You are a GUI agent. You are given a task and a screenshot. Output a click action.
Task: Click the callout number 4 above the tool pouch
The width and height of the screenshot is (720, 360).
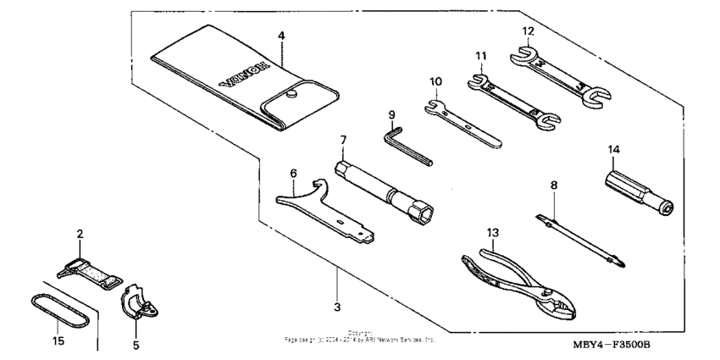point(281,36)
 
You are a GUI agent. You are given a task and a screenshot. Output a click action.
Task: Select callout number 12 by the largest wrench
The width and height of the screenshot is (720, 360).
point(527,32)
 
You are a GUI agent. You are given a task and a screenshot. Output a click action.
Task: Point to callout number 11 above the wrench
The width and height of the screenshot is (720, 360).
point(481,56)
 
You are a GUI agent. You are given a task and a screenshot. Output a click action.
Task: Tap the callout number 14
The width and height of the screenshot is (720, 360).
point(613,150)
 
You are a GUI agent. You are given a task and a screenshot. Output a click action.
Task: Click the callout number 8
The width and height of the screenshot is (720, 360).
point(554,182)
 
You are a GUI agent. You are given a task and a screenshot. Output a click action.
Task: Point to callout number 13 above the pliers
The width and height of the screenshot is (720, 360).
point(493,231)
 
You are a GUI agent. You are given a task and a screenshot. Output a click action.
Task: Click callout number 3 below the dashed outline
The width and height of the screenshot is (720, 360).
point(336,305)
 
